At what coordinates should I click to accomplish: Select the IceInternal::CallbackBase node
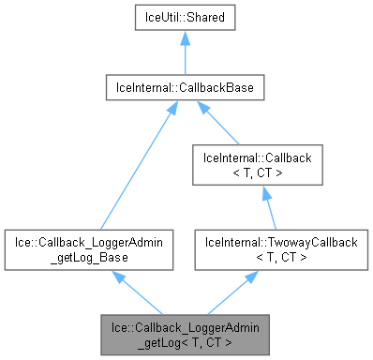pyautogui.click(x=183, y=88)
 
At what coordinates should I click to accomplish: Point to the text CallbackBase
pyautogui.click(x=215, y=88)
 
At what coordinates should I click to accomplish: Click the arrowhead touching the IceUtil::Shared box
pyautogui.click(x=183, y=37)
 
